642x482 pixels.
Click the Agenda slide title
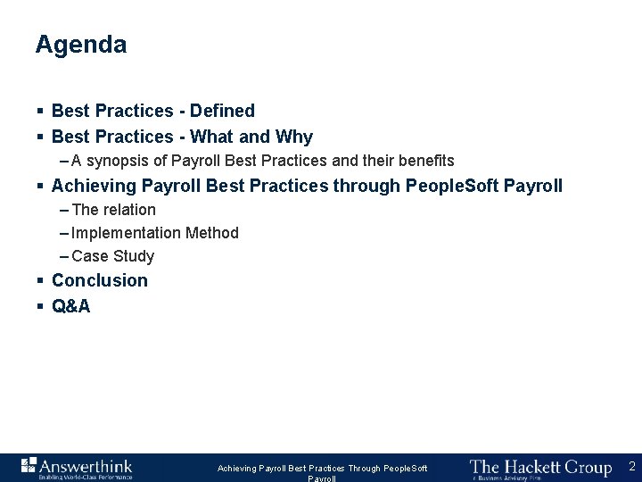tap(81, 45)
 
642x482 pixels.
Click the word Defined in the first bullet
tap(222, 111)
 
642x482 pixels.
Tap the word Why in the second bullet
tap(294, 137)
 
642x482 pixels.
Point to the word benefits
tap(424, 161)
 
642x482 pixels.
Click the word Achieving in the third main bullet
tap(93, 186)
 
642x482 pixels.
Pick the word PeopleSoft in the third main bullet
tap(452, 186)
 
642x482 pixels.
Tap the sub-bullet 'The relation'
tap(113, 210)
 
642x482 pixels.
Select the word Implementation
tap(126, 233)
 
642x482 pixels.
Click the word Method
tap(212, 233)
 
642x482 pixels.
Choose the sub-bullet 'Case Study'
tap(112, 256)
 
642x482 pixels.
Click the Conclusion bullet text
tap(100, 280)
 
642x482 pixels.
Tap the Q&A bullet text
tap(71, 306)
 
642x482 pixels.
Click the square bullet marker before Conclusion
tap(41, 280)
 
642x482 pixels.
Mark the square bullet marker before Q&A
tap(41, 306)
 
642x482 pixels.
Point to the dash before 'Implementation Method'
tap(64, 233)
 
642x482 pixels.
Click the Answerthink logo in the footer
tap(77, 467)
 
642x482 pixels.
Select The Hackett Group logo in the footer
tap(540, 468)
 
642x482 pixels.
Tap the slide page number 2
tap(631, 466)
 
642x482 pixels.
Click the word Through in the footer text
tap(364, 469)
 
